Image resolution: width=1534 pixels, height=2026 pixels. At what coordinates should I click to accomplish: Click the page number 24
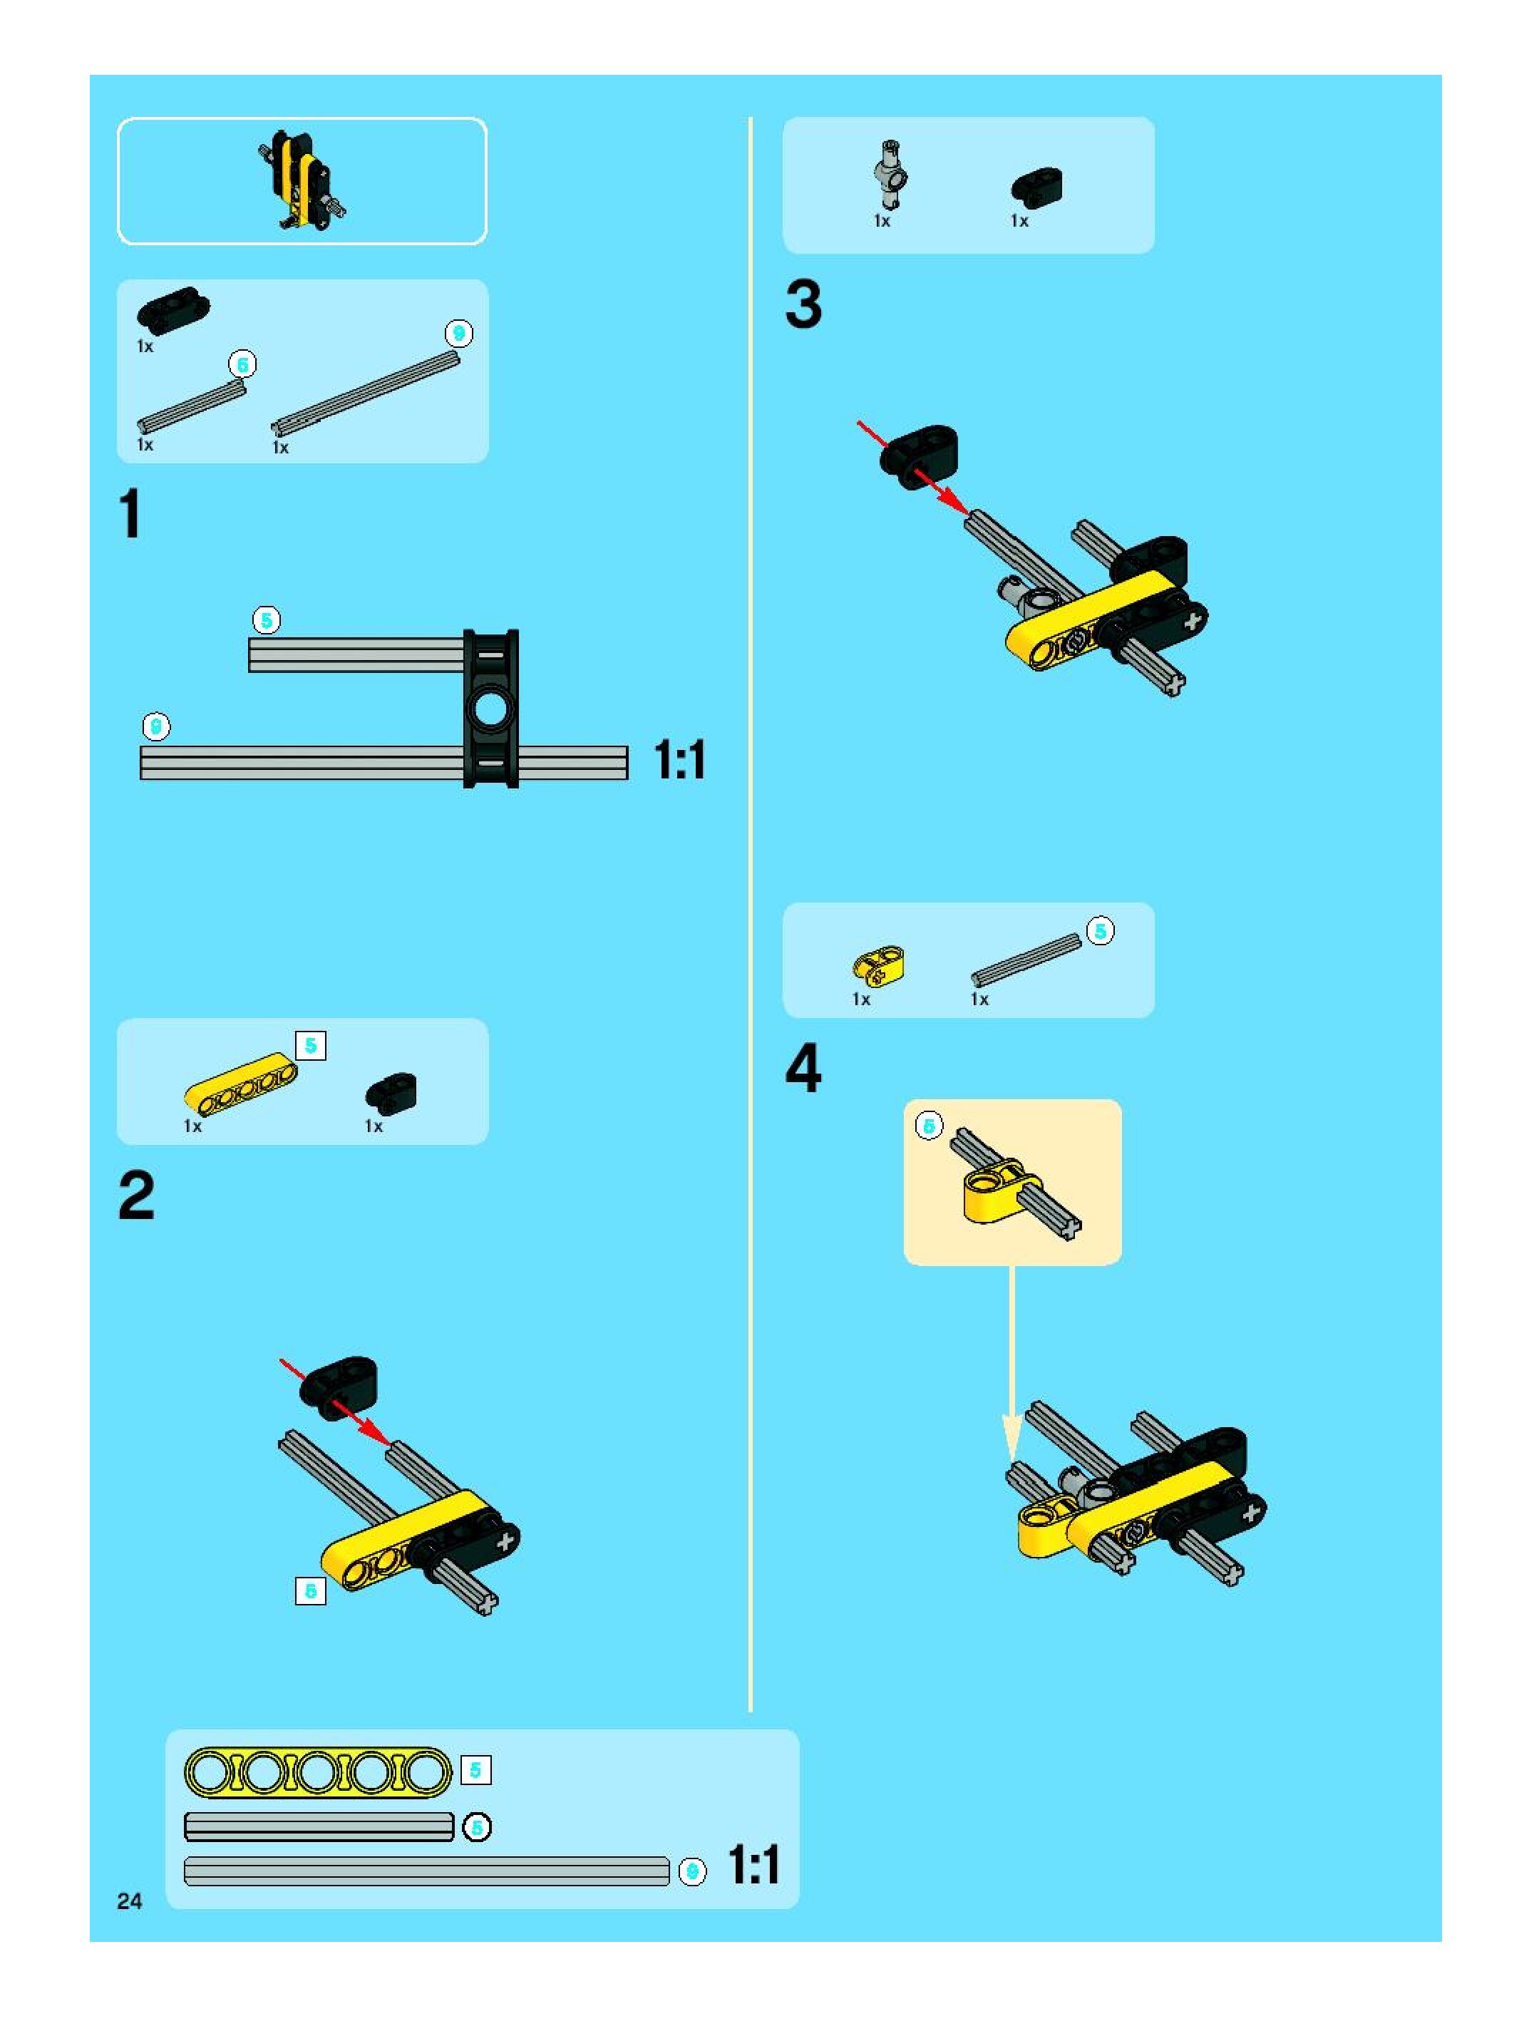(129, 1901)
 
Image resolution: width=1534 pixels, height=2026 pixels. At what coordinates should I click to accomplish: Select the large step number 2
(136, 1196)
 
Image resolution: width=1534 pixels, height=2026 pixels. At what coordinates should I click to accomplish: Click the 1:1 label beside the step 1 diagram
(679, 760)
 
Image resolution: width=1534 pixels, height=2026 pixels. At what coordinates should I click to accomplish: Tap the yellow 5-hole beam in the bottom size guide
(318, 1772)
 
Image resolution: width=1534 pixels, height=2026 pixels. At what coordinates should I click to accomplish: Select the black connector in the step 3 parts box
(1036, 186)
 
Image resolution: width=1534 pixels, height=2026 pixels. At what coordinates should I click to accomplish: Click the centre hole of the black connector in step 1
(492, 708)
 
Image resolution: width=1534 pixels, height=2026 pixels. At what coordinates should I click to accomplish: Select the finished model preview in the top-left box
(302, 180)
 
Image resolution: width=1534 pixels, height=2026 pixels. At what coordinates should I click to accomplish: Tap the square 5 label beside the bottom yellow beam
(475, 1771)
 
